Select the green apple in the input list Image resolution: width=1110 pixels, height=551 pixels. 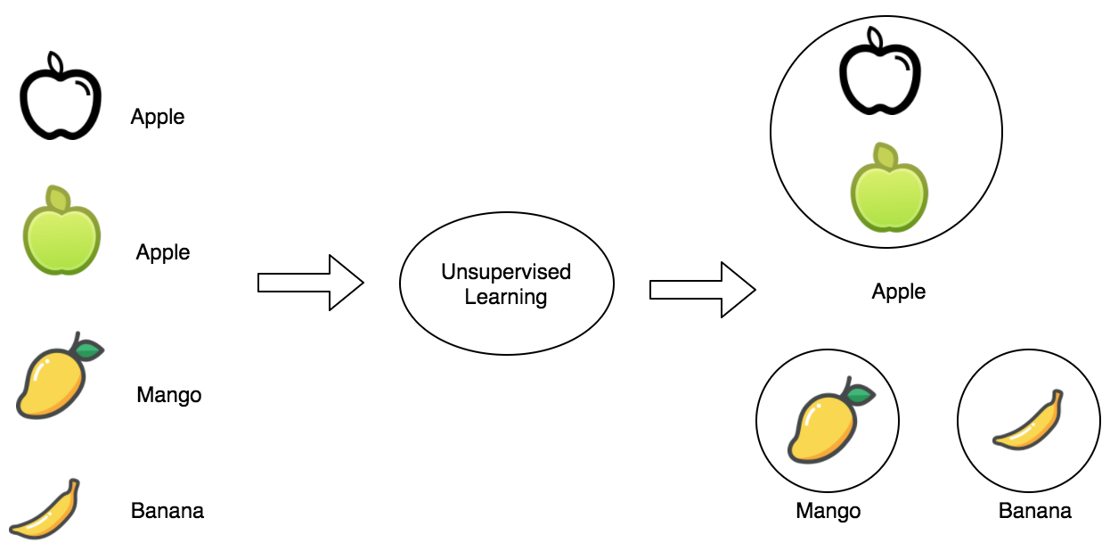[61, 234]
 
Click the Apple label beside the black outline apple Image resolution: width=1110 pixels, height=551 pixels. [158, 117]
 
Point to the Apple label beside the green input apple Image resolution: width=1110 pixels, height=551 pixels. [163, 252]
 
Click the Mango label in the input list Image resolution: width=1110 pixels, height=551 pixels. [169, 395]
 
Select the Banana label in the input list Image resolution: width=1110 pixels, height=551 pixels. [167, 511]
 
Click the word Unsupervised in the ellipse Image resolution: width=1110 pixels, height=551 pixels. [506, 272]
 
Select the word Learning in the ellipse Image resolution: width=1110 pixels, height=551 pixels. [506, 297]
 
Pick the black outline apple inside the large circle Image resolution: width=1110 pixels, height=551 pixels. [879, 73]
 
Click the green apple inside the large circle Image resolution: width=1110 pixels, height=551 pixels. [888, 190]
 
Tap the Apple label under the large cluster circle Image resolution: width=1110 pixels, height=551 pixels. [899, 292]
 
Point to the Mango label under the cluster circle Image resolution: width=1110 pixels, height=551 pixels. [828, 511]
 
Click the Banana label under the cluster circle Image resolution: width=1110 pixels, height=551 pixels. [1035, 511]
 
